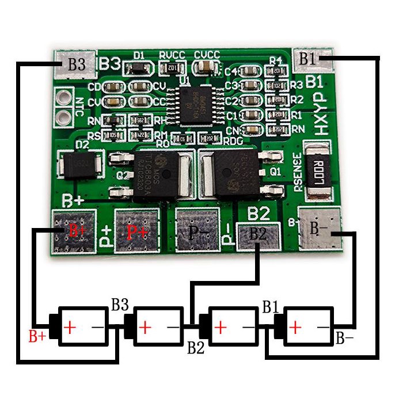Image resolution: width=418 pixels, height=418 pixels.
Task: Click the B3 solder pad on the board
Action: click(71, 64)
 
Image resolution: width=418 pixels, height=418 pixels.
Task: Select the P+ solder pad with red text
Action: click(136, 231)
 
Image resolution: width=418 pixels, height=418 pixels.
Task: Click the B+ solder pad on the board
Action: click(73, 231)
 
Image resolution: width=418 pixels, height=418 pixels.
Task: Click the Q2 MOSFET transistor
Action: click(156, 172)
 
